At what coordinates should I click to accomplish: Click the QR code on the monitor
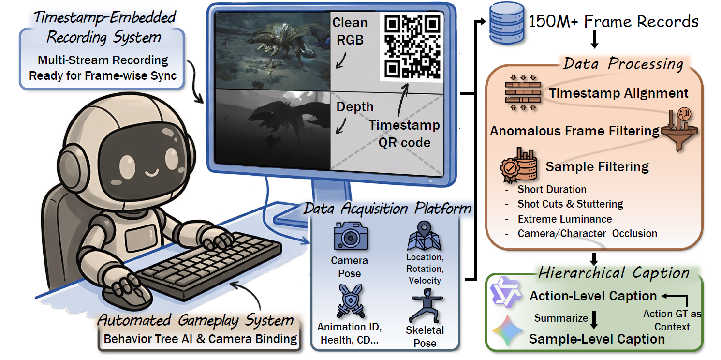click(x=412, y=46)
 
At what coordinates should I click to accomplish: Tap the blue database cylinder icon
click(x=507, y=23)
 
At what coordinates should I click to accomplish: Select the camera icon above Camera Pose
click(x=351, y=236)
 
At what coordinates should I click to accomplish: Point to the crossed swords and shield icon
click(x=350, y=301)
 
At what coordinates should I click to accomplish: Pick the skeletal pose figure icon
click(x=426, y=306)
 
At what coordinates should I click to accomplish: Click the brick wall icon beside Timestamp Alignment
click(x=523, y=93)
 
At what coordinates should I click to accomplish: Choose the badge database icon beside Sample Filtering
click(x=518, y=165)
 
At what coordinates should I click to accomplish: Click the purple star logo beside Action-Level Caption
click(x=505, y=292)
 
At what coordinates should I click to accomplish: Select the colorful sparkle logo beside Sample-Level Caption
click(x=507, y=330)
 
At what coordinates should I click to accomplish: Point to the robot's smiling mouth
click(x=152, y=172)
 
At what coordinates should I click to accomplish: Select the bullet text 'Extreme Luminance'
click(x=565, y=219)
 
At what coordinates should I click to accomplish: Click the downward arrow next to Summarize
click(x=594, y=319)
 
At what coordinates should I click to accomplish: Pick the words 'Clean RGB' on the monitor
click(x=350, y=31)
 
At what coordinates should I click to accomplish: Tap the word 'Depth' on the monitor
click(x=355, y=107)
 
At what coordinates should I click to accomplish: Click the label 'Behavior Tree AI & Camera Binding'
click(x=200, y=339)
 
